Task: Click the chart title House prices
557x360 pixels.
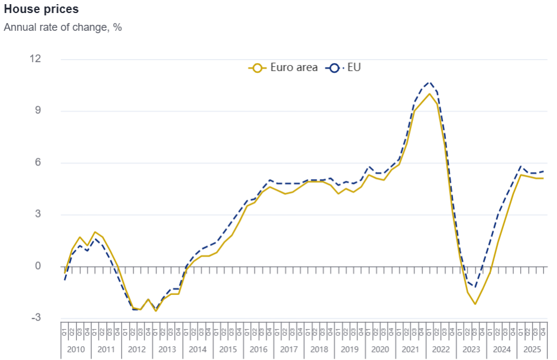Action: (41, 10)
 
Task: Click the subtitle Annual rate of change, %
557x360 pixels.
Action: (63, 27)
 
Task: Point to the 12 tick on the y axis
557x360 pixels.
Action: (36, 59)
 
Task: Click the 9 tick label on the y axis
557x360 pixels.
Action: (38, 111)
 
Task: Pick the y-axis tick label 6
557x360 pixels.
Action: (38, 163)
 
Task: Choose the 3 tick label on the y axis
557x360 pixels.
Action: (38, 214)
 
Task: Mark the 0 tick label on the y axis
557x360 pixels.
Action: (38, 266)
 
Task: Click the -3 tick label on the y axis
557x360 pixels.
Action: (36, 317)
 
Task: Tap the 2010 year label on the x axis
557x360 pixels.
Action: (76, 349)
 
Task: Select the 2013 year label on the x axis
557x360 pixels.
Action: (167, 349)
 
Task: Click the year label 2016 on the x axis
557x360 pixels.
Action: (258, 349)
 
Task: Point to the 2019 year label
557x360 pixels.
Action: (350, 349)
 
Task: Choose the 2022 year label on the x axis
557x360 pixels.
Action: (441, 349)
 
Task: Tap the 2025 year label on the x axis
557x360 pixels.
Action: (532, 349)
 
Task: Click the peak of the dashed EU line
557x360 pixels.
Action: (429, 82)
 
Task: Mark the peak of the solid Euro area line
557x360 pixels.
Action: (429, 93)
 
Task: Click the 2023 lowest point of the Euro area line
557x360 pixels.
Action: (475, 304)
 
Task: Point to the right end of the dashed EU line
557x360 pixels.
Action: (543, 171)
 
